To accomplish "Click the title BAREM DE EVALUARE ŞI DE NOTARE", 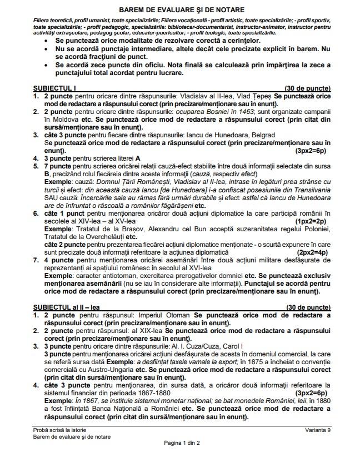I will [x=180, y=11].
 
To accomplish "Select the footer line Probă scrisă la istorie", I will [x=59, y=430].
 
